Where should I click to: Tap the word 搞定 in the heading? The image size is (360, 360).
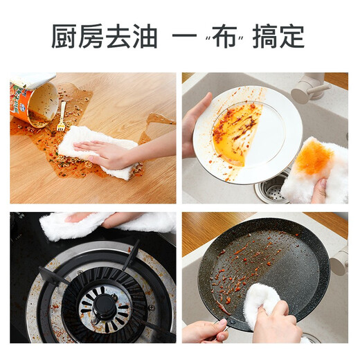coord(279,36)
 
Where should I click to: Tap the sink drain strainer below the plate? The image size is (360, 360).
coord(271,188)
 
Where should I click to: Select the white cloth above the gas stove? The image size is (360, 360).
coord(104,223)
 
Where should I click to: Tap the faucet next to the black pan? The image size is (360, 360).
coord(339,260)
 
